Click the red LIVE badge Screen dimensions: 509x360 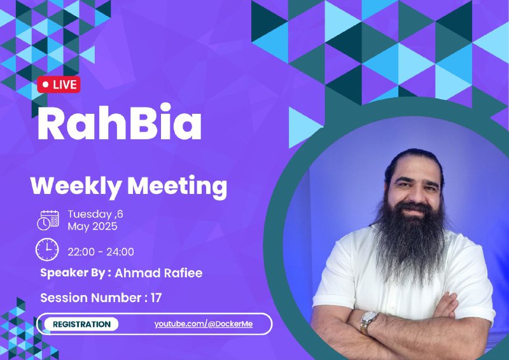click(x=59, y=85)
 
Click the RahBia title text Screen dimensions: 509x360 click(x=120, y=122)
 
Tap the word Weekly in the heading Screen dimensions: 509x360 click(x=76, y=186)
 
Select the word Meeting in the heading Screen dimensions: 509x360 click(x=177, y=186)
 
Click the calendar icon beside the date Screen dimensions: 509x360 click(x=48, y=221)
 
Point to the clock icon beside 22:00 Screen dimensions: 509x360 click(x=47, y=249)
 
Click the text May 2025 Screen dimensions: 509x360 click(x=92, y=226)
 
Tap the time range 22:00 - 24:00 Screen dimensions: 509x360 click(x=101, y=252)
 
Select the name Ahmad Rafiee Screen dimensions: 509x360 click(x=158, y=273)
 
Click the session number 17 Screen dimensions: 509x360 click(x=156, y=298)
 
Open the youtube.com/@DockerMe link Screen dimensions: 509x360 click(x=204, y=324)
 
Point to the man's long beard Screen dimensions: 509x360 click(x=410, y=242)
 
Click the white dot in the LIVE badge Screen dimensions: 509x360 click(x=45, y=85)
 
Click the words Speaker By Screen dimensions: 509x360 click(x=73, y=273)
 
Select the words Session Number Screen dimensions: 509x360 click(x=90, y=298)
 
